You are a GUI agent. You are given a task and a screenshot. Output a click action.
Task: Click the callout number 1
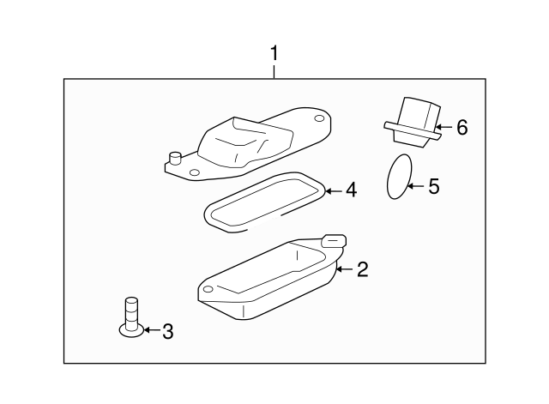click(x=274, y=54)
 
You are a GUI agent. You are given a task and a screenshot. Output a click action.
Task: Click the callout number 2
click(x=362, y=270)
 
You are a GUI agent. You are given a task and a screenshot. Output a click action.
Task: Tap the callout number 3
click(x=167, y=331)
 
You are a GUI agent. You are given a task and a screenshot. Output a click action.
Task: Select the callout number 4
click(x=351, y=190)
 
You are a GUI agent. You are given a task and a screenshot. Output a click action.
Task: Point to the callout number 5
click(x=433, y=185)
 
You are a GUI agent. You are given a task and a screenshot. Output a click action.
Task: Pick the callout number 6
click(x=462, y=128)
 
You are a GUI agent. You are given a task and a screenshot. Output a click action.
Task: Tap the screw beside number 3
click(x=132, y=316)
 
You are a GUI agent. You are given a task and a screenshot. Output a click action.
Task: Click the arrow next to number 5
click(x=416, y=185)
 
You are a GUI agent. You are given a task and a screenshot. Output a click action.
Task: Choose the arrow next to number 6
click(x=443, y=128)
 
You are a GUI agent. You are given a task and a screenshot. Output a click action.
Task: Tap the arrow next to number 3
click(x=150, y=330)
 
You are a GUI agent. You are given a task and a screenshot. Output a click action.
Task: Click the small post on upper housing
click(x=176, y=158)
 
